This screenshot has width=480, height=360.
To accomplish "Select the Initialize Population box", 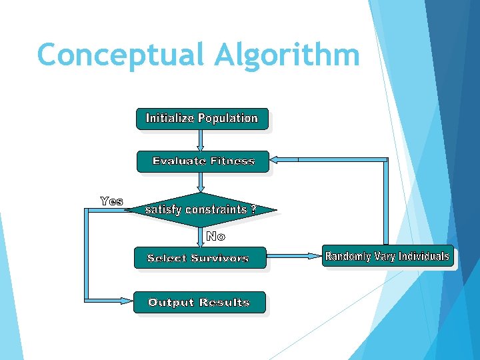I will [x=202, y=119].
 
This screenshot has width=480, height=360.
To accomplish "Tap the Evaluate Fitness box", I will [x=203, y=161].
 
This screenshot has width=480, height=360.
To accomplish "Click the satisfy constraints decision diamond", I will [x=201, y=209].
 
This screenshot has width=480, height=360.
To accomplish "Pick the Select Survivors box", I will [x=199, y=258].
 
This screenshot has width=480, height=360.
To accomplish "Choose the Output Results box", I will [x=199, y=303].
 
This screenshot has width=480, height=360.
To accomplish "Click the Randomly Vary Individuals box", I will [x=387, y=257].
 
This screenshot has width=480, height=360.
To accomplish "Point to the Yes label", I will [x=111, y=201].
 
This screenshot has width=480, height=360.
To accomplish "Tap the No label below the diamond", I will [x=215, y=236].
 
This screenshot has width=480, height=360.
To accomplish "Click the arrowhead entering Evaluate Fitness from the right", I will [x=275, y=160].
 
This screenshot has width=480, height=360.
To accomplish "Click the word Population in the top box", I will [x=227, y=119].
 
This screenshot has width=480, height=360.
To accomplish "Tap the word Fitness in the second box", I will [x=233, y=161].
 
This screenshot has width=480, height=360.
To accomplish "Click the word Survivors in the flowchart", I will [x=220, y=258].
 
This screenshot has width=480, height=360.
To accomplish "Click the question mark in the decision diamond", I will [x=253, y=209].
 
